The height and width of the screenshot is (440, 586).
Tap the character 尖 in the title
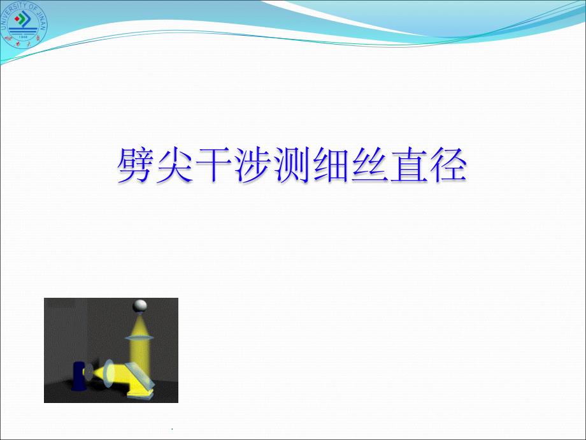pyautogui.click(x=174, y=165)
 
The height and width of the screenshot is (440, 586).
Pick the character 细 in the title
pyautogui.click(x=331, y=165)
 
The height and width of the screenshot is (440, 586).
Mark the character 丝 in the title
pyautogui.click(x=369, y=165)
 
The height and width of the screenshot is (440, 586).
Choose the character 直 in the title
pyautogui.click(x=409, y=165)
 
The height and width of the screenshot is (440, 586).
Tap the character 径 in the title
pyautogui.click(x=448, y=165)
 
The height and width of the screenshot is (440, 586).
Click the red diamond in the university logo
pyautogui.click(x=17, y=18)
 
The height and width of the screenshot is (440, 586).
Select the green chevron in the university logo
pyautogui.click(x=25, y=17)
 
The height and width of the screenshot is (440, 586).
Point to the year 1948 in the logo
pyautogui.click(x=23, y=37)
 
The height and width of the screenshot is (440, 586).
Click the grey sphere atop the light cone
pyautogui.click(x=139, y=305)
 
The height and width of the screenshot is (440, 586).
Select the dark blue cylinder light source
pyautogui.click(x=79, y=376)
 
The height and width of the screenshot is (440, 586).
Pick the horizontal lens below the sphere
pyautogui.click(x=139, y=338)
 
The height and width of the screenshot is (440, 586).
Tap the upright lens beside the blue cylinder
pyautogui.click(x=109, y=372)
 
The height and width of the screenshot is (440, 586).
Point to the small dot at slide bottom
pyautogui.click(x=171, y=428)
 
